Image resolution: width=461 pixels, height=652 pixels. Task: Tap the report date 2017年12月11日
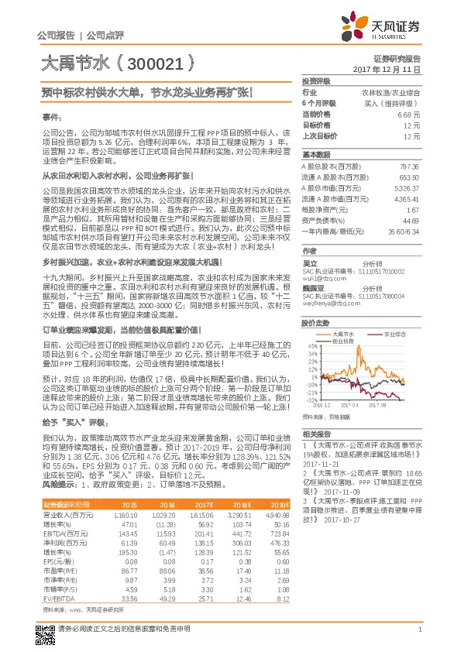[392, 69]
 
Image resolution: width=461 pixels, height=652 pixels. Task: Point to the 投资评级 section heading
[316, 81]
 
